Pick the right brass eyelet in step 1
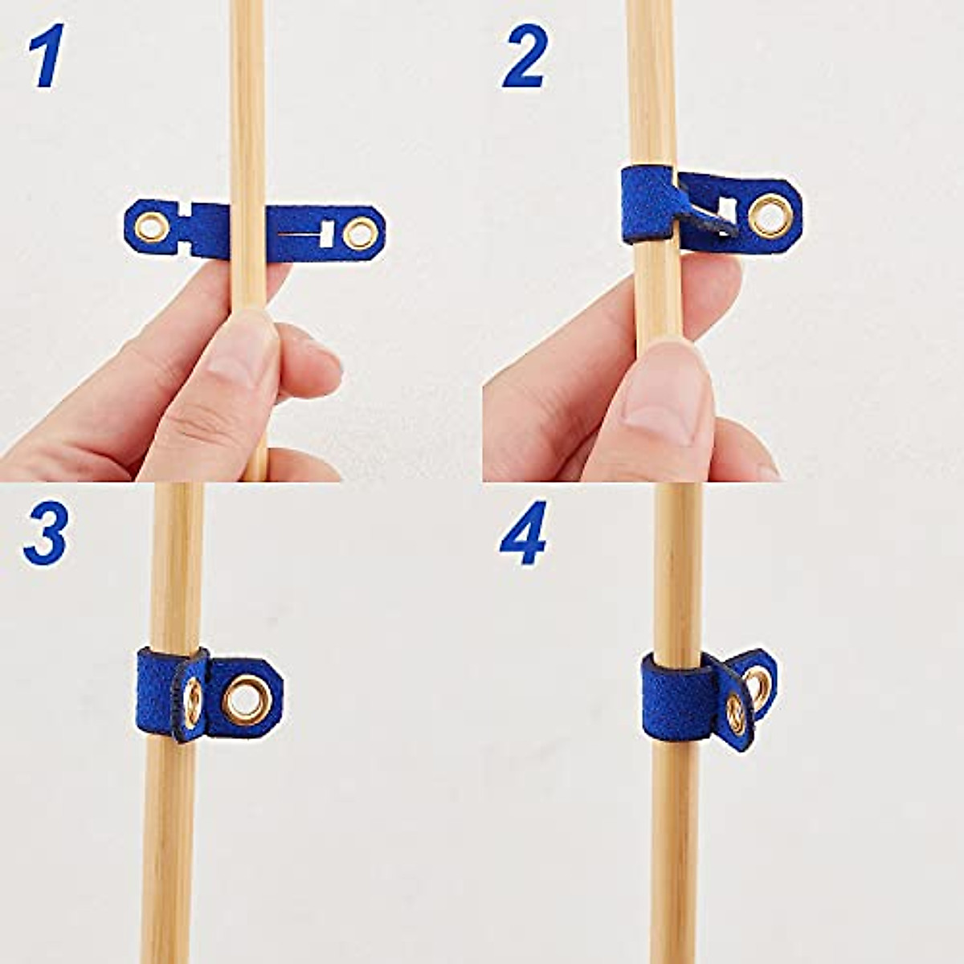tap(359, 234)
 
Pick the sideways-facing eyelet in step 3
tap(193, 701)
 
